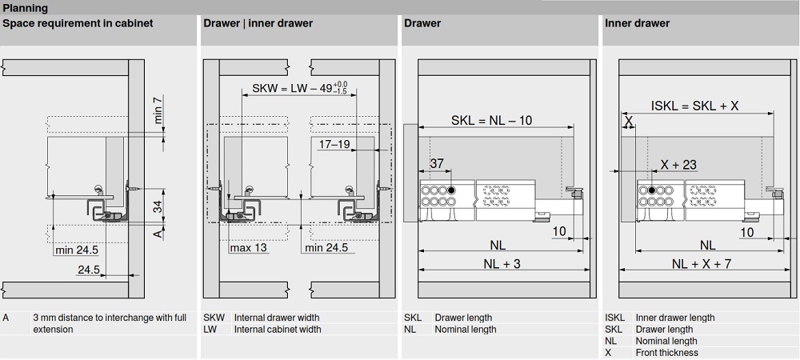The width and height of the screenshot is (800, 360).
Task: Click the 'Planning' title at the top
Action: (x=25, y=8)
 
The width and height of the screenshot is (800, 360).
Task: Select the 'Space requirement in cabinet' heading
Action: (x=78, y=23)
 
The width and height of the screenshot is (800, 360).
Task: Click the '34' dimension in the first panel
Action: (x=158, y=207)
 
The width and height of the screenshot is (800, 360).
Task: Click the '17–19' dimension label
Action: (x=334, y=145)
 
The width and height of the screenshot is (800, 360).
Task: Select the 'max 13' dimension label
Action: (x=249, y=248)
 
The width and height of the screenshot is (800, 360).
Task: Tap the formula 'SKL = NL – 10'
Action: (x=491, y=121)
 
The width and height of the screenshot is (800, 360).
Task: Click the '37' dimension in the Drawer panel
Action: (x=437, y=164)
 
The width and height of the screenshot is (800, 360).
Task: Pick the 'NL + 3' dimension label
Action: (x=502, y=264)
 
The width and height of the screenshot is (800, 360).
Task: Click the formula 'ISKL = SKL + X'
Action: (x=694, y=105)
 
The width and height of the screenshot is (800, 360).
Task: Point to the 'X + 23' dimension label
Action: (x=678, y=165)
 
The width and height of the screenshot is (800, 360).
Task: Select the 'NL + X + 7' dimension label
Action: (x=702, y=264)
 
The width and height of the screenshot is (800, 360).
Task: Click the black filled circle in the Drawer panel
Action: (x=452, y=190)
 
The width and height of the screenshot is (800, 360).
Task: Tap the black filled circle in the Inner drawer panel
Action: (x=652, y=190)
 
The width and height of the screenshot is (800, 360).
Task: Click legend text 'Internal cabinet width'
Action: (x=278, y=329)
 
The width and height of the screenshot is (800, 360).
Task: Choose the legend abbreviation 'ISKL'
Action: (x=615, y=318)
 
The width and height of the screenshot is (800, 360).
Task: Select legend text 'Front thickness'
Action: (x=666, y=353)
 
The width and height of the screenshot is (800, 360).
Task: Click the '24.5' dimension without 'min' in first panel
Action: (x=88, y=270)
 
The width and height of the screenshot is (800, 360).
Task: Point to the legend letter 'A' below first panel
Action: (x=6, y=318)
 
